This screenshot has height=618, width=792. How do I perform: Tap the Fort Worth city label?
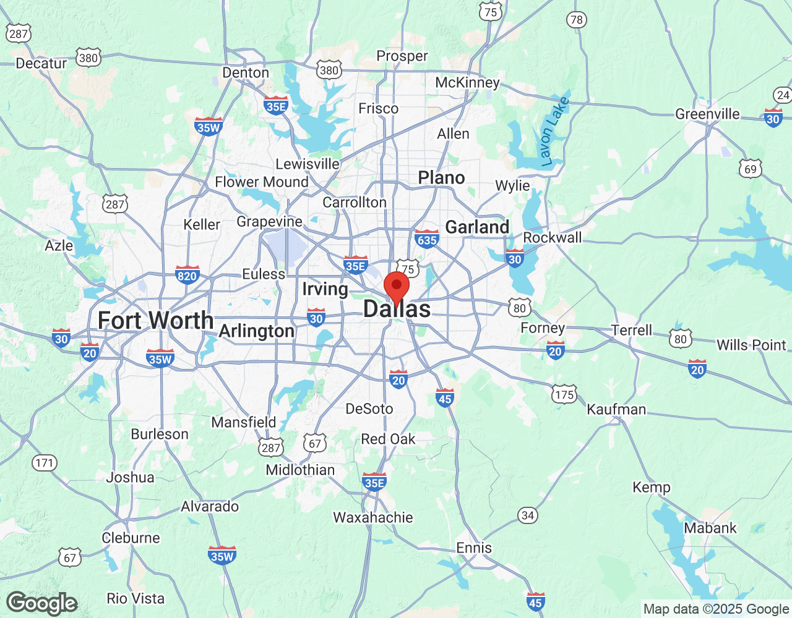[x=156, y=321]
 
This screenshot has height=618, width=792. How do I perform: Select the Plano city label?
[x=441, y=178]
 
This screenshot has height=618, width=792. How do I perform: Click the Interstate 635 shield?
[x=427, y=239]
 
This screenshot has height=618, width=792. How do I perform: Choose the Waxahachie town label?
[x=373, y=517]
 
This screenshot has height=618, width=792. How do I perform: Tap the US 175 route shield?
[x=564, y=394]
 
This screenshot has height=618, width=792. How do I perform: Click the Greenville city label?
[x=707, y=114]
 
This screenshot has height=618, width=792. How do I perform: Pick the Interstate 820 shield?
[x=187, y=276]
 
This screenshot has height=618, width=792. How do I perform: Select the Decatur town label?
[x=41, y=64]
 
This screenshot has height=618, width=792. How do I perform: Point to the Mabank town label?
[x=710, y=528]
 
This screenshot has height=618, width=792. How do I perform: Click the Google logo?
[x=42, y=603]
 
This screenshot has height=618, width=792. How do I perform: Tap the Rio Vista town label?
[x=136, y=598]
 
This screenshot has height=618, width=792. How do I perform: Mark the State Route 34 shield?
[x=528, y=515]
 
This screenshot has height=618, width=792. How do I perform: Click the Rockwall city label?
[x=553, y=238]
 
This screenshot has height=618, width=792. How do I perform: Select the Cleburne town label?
[x=131, y=538]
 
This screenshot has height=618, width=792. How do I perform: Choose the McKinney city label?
[x=467, y=83]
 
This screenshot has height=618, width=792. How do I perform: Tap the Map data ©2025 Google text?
[x=716, y=609]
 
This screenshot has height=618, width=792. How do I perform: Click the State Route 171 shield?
[x=45, y=463]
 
